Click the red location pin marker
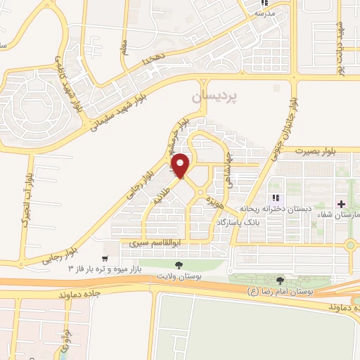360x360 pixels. [x=181, y=165]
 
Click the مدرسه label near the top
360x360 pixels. [x=264, y=13]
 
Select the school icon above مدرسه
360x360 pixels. [x=266, y=4]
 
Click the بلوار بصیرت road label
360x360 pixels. [x=321, y=150]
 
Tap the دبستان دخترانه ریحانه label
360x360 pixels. [x=270, y=208]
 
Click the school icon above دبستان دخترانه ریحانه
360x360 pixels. [x=276, y=198]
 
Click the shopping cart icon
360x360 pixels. [x=106, y=247]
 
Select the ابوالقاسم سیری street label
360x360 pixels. [x=148, y=243]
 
